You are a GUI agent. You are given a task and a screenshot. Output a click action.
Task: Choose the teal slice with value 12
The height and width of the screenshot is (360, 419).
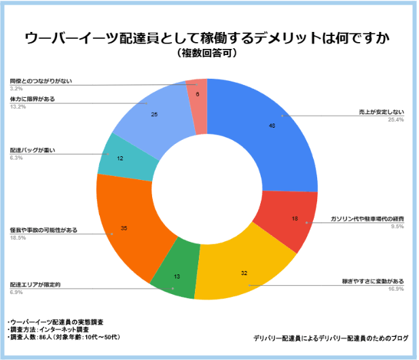point(121,158)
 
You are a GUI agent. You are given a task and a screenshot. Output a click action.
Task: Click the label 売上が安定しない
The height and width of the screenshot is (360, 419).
point(382,112)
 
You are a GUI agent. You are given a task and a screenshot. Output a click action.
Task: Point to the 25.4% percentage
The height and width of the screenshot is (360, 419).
point(395,120)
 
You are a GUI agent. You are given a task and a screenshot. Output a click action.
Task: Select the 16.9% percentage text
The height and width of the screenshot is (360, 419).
point(395,288)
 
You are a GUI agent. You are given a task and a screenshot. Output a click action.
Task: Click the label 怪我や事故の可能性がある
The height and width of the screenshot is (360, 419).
point(43,230)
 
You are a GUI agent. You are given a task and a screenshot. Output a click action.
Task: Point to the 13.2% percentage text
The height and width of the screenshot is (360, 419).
point(18,106)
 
